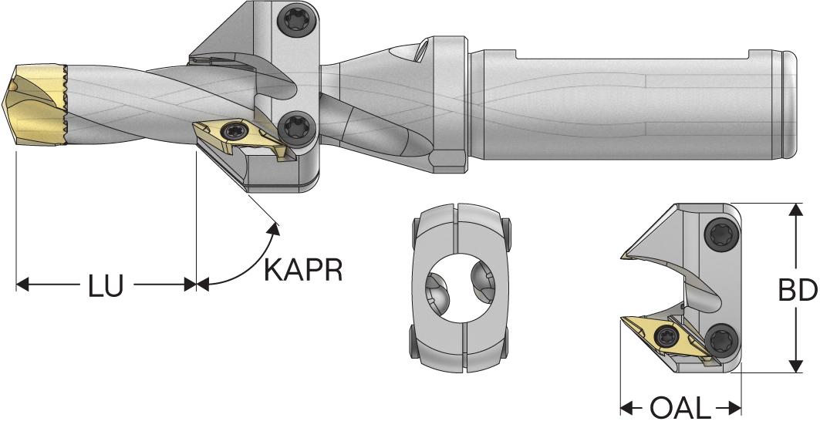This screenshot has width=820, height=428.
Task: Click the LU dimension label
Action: (106, 285)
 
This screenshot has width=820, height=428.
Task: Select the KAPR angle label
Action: (303, 270)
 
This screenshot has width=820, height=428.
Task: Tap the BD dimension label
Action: (797, 290)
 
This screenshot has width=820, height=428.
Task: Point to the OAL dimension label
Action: (680, 407)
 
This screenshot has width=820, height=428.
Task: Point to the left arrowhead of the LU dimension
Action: (22, 285)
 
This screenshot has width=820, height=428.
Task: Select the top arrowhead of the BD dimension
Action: (795, 210)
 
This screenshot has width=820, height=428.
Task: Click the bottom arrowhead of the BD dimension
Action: (795, 366)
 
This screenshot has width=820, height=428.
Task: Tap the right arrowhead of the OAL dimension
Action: (735, 407)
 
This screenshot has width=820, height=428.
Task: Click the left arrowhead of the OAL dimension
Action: (626, 407)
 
